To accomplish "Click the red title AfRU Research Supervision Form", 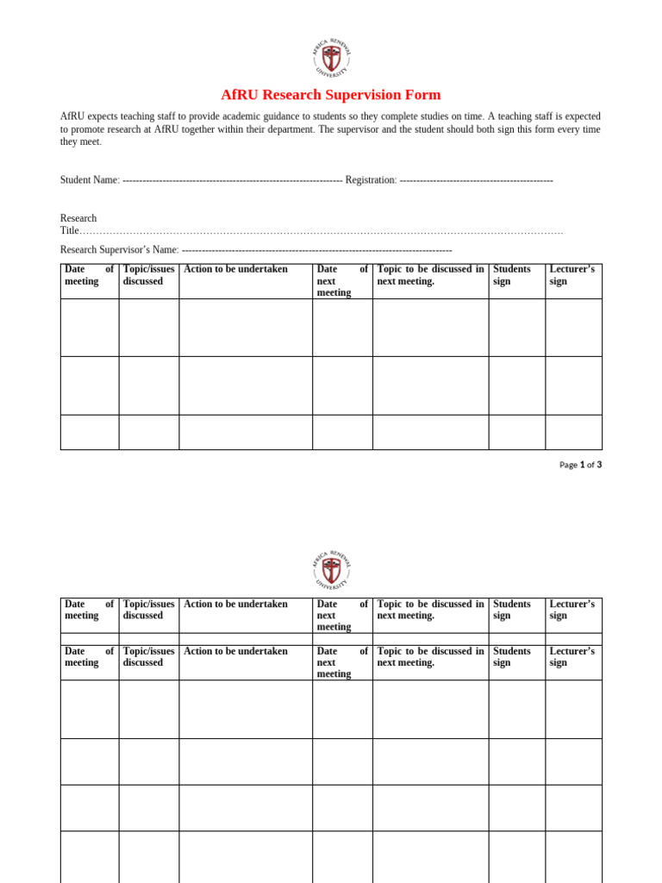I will (x=330, y=95).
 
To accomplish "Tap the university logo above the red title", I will (x=331, y=59).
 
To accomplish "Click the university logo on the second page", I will (x=331, y=570).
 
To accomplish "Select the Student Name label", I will (x=90, y=180).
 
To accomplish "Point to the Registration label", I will (x=371, y=180).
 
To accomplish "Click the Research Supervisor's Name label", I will (x=119, y=250).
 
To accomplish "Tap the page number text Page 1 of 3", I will (x=580, y=465).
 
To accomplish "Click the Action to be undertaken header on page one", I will (x=235, y=269).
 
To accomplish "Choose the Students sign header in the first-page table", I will (x=512, y=275).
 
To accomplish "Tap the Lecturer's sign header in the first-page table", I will (x=571, y=275).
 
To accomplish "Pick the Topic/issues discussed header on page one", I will (x=148, y=275).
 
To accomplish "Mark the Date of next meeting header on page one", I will (x=342, y=281).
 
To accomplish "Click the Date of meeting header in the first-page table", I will (x=89, y=275).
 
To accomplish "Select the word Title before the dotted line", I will (x=70, y=231).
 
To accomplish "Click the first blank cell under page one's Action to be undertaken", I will (x=246, y=328).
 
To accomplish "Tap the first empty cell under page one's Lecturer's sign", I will (x=573, y=328).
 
